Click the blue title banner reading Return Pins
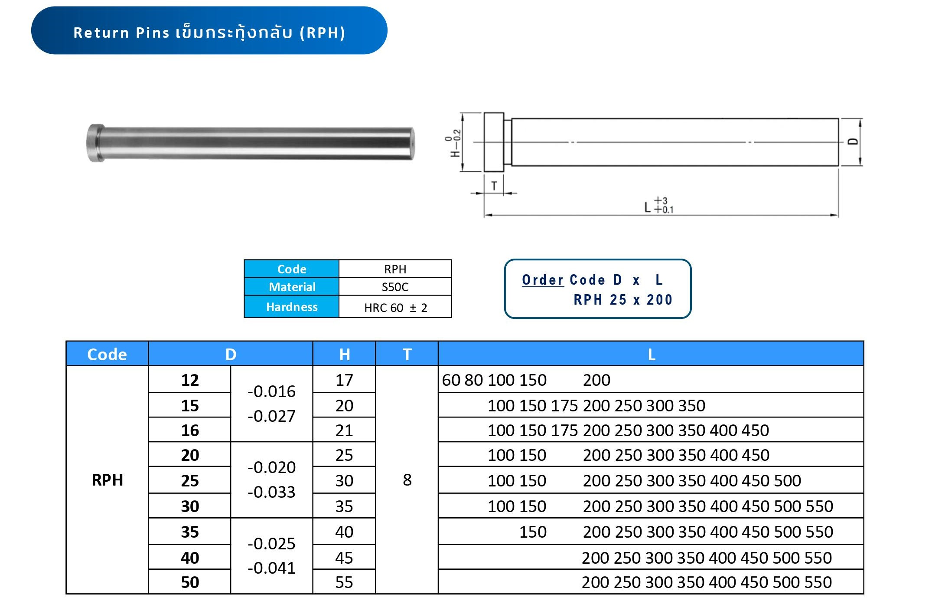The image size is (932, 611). (x=209, y=31)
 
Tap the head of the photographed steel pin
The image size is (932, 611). (x=96, y=143)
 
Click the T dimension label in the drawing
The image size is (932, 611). (x=494, y=186)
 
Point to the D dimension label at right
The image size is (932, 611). (x=853, y=141)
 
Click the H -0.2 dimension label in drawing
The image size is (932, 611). (x=453, y=143)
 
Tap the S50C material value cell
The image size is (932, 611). (x=395, y=287)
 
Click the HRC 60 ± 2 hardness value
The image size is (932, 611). (x=395, y=308)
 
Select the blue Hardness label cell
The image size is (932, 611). (x=291, y=307)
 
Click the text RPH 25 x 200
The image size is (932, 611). (x=623, y=300)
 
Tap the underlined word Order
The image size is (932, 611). (x=542, y=280)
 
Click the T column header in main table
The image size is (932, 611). (x=407, y=354)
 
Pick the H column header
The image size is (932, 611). (x=344, y=354)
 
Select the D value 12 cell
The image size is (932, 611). (x=189, y=380)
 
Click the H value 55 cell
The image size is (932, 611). (x=344, y=582)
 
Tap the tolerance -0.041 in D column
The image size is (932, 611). (x=271, y=568)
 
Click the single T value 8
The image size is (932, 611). (x=407, y=480)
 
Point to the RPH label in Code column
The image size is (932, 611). (x=108, y=480)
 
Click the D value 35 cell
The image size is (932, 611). (x=189, y=532)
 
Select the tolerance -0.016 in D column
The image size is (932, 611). (x=271, y=391)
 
